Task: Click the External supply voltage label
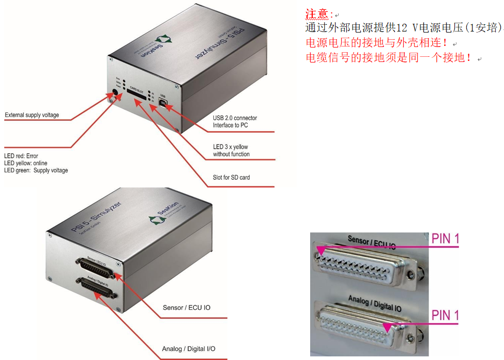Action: point(32,115)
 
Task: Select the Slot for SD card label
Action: point(231,177)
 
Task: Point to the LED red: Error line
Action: point(21,156)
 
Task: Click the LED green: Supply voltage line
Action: point(36,170)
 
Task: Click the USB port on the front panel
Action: point(163,103)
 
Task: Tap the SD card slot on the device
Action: point(136,97)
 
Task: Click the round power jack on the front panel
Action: point(115,94)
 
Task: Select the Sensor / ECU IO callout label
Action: point(187,308)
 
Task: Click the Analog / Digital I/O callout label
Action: point(188,349)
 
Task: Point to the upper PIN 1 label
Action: point(445,238)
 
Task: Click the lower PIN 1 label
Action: point(445,315)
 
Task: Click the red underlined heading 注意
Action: point(317,14)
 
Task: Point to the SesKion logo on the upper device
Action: point(167,41)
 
